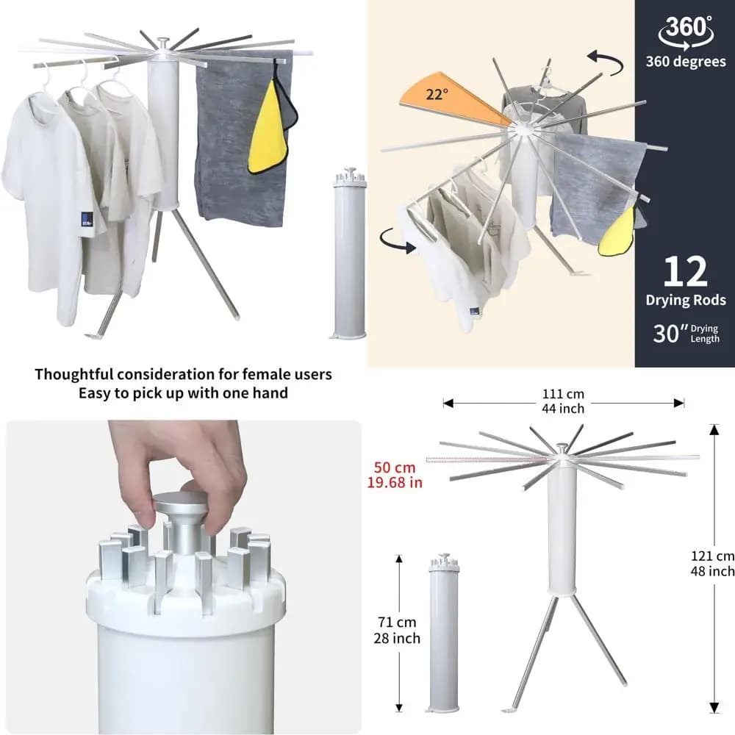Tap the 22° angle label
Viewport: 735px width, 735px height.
click(x=437, y=94)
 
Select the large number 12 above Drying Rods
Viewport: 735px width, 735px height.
click(x=685, y=271)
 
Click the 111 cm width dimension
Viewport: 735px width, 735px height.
click(x=563, y=394)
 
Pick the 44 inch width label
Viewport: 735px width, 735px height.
click(x=563, y=409)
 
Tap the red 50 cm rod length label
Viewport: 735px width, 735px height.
click(x=395, y=467)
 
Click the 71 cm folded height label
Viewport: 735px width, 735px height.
click(x=397, y=622)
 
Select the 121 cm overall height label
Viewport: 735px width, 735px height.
click(x=712, y=556)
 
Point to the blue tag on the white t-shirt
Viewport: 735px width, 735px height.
click(x=87, y=219)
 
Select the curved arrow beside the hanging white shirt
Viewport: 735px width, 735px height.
click(x=397, y=240)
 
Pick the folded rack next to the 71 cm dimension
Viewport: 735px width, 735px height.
click(x=444, y=633)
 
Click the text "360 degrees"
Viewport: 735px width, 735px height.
click(x=686, y=62)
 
